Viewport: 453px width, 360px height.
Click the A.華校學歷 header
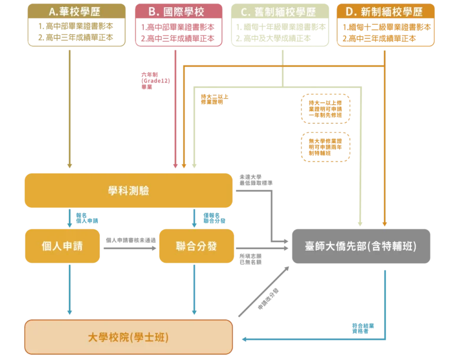pos(77,12)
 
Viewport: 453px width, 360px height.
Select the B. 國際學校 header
pos(179,12)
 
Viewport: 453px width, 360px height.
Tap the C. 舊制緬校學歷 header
pos(280,12)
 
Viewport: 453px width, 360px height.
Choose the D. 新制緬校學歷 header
pos(385,12)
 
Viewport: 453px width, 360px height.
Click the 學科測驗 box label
pos(129,190)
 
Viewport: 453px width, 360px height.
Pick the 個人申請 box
pos(62,246)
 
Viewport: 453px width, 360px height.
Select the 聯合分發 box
pos(196,246)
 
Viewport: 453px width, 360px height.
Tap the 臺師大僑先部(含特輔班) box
pos(360,246)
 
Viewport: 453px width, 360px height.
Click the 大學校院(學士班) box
pos(128,337)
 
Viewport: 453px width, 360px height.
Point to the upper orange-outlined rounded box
pos(326,108)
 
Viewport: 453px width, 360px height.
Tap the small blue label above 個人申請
pos(87,219)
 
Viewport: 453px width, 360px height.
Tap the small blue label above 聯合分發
pos(214,219)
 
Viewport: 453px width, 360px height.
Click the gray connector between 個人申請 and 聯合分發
pos(129,243)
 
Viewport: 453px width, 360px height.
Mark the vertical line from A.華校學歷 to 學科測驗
pos(70,106)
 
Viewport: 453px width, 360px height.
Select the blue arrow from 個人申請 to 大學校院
pos(70,289)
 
